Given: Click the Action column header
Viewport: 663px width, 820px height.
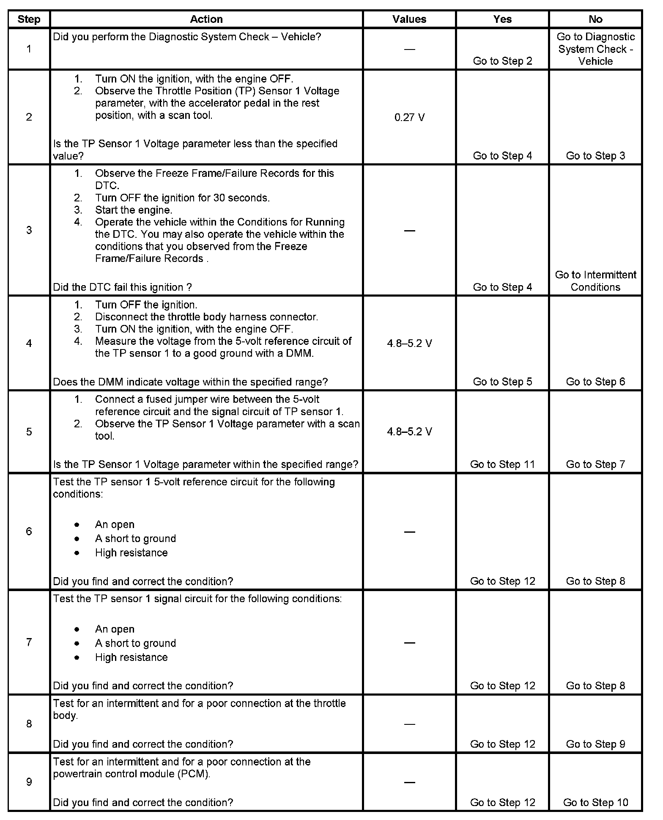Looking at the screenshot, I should pyautogui.click(x=206, y=19).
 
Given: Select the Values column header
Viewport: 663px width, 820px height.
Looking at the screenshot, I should pyautogui.click(x=409, y=19).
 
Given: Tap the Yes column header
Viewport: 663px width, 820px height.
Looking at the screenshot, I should pyautogui.click(x=502, y=19).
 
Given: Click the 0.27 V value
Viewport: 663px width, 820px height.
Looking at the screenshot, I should pyautogui.click(x=409, y=117).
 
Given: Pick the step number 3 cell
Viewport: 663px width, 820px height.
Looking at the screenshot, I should pyautogui.click(x=29, y=230).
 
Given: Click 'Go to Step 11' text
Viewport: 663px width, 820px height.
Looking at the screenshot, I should pyautogui.click(x=502, y=464).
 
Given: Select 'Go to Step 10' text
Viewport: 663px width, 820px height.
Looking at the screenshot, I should pyautogui.click(x=595, y=802).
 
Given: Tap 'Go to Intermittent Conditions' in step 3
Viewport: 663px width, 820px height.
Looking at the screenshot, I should pyautogui.click(x=595, y=281).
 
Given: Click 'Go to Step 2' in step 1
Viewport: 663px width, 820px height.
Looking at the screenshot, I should pyautogui.click(x=502, y=61).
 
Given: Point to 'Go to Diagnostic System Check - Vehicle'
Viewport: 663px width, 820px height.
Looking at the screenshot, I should pyautogui.click(x=595, y=49).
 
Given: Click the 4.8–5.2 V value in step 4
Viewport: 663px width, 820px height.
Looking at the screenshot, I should pyautogui.click(x=409, y=343).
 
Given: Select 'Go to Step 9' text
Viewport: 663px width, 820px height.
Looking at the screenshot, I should pyautogui.click(x=595, y=744).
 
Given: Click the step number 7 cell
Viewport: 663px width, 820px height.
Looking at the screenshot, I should pyautogui.click(x=29, y=642).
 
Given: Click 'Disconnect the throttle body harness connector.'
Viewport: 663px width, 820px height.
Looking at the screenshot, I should pyautogui.click(x=206, y=317).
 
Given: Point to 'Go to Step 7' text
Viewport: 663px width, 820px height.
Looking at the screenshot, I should pyautogui.click(x=595, y=464).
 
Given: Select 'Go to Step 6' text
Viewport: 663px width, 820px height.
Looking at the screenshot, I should pyautogui.click(x=595, y=382).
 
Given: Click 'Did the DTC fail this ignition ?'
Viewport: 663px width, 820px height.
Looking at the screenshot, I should pyautogui.click(x=123, y=287).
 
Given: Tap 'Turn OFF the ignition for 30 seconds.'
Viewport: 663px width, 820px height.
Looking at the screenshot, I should pyautogui.click(x=182, y=198).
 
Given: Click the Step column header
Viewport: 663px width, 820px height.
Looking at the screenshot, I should pyautogui.click(x=29, y=19).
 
